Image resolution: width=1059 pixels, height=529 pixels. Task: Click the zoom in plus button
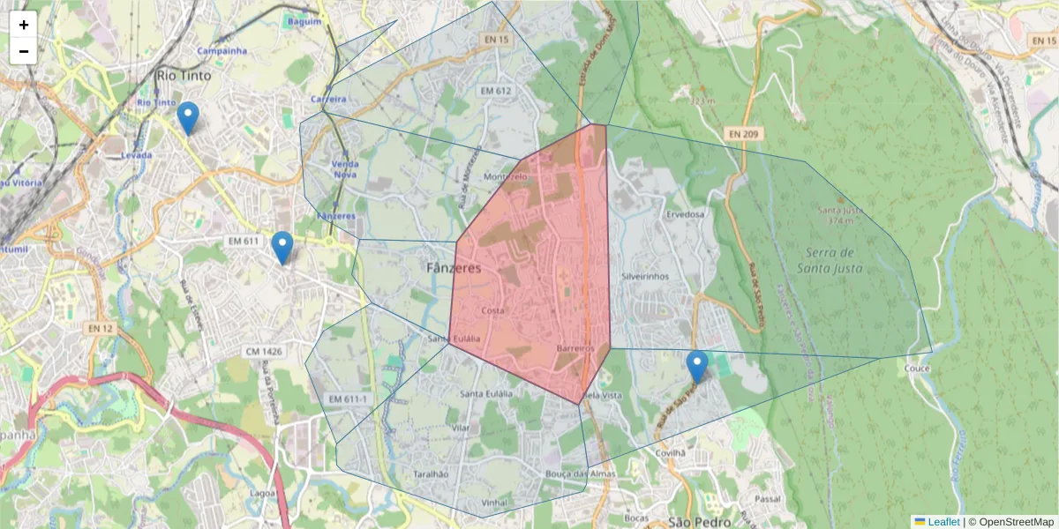[24, 25]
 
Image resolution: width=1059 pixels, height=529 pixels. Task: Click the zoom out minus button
[24, 51]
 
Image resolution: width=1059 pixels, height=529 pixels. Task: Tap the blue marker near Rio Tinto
[187, 118]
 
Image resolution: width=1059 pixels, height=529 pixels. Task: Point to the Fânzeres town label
[454, 268]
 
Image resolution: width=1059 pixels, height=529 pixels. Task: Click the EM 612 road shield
[496, 91]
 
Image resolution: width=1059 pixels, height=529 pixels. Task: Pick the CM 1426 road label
[265, 352]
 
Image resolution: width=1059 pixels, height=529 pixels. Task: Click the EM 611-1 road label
[347, 399]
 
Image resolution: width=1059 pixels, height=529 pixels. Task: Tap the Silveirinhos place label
[645, 276]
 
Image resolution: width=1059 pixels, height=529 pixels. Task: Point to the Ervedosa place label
[687, 214]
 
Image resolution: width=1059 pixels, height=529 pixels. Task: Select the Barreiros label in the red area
[577, 348]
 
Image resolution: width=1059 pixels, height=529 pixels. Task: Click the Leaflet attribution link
[943, 522]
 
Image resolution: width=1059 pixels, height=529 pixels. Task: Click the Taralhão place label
[431, 474]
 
